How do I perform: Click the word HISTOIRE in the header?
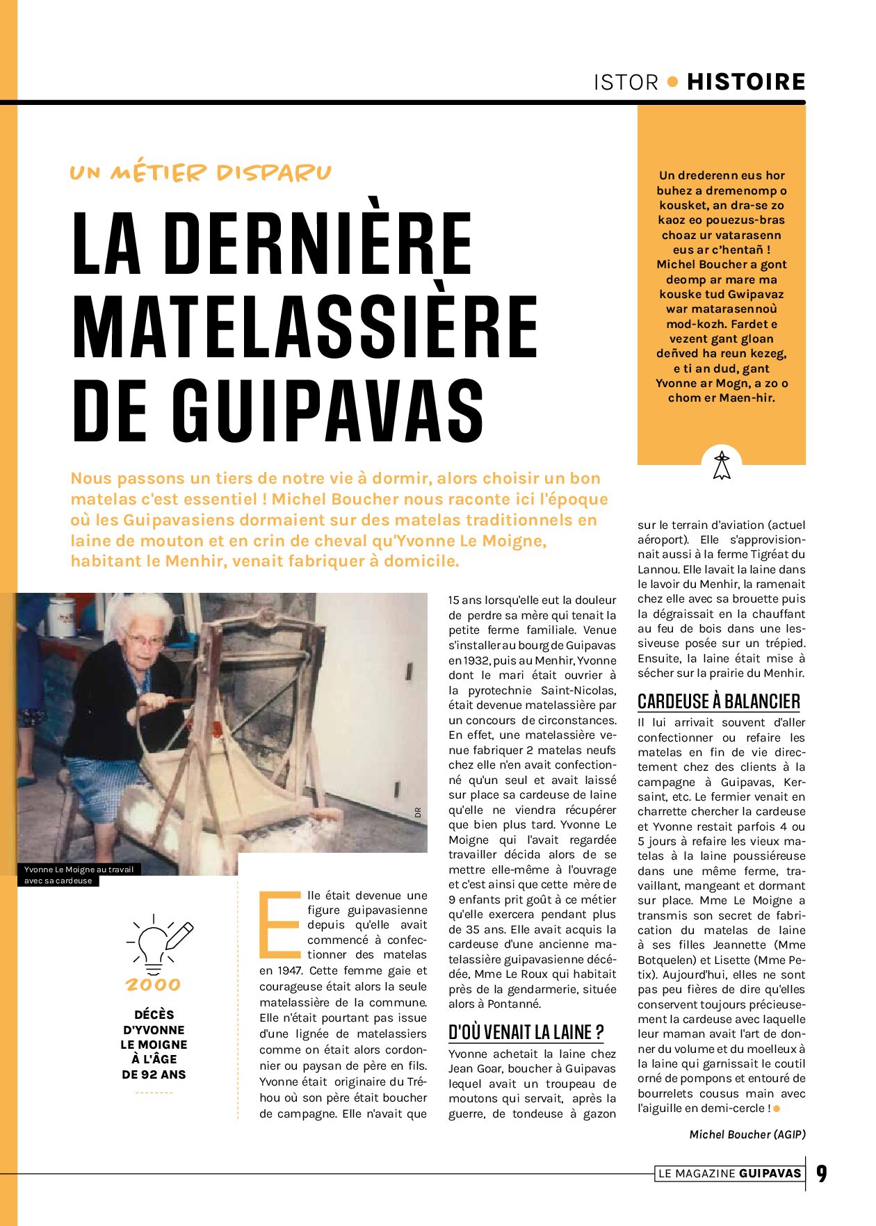click(x=745, y=82)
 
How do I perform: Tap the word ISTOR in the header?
click(x=626, y=83)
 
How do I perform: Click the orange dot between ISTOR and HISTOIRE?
click(x=672, y=81)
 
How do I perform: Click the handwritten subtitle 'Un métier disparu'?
click(x=200, y=172)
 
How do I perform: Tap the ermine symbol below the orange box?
click(x=722, y=465)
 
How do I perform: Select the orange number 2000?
click(x=153, y=985)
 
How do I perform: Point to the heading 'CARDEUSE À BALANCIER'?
click(x=719, y=701)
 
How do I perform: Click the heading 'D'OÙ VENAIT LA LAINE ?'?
click(x=526, y=1032)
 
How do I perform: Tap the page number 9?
click(x=822, y=1174)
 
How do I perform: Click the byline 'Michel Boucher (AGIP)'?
click(x=747, y=1134)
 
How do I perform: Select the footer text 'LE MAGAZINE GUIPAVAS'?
click(x=729, y=1174)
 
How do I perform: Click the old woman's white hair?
click(x=142, y=612)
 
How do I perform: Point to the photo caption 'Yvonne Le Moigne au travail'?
click(x=79, y=869)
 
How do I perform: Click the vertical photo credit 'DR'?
click(x=418, y=812)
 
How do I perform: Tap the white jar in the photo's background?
click(x=61, y=617)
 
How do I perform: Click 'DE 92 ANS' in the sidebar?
click(x=154, y=1074)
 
